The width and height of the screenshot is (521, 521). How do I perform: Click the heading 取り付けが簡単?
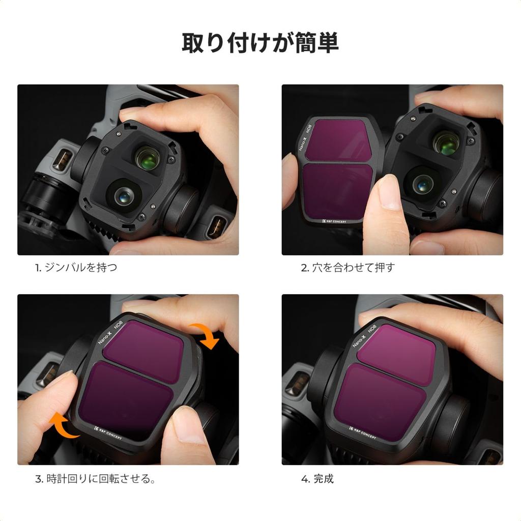[260, 43]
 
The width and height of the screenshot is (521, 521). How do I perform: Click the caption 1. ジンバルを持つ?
[76, 267]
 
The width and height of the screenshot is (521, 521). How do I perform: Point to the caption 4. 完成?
[316, 479]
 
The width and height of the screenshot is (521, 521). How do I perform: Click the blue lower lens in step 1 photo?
[123, 196]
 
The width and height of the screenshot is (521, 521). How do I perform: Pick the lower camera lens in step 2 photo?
[423, 183]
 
